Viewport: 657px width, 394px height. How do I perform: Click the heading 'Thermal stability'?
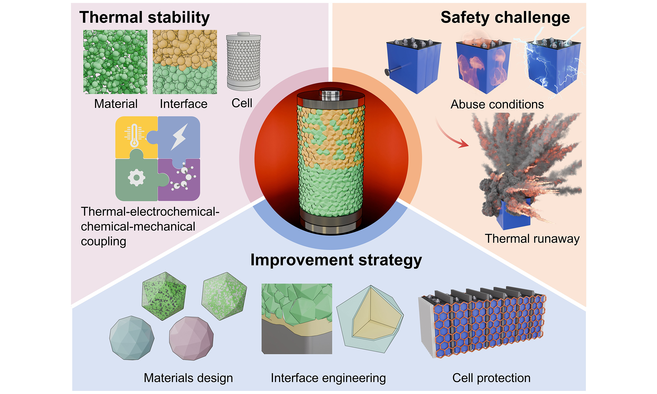144,17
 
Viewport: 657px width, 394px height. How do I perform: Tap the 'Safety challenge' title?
505,17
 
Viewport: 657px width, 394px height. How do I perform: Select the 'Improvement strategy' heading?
336,260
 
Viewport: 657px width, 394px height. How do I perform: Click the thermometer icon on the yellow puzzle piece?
134,135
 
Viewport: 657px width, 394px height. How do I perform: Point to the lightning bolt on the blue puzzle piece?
179,136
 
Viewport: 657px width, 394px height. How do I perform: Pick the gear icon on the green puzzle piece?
137,177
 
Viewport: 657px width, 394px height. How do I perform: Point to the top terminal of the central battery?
330,93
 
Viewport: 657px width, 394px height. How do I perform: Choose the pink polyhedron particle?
191,338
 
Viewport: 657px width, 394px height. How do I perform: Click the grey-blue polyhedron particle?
132,338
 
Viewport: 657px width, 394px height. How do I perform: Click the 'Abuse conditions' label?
497,104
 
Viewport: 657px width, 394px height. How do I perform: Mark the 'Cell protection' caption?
491,378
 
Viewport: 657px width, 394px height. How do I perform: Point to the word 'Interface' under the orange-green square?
183,104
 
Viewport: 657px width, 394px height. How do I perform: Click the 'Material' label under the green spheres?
116,104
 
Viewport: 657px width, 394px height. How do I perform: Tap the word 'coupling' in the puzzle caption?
103,242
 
